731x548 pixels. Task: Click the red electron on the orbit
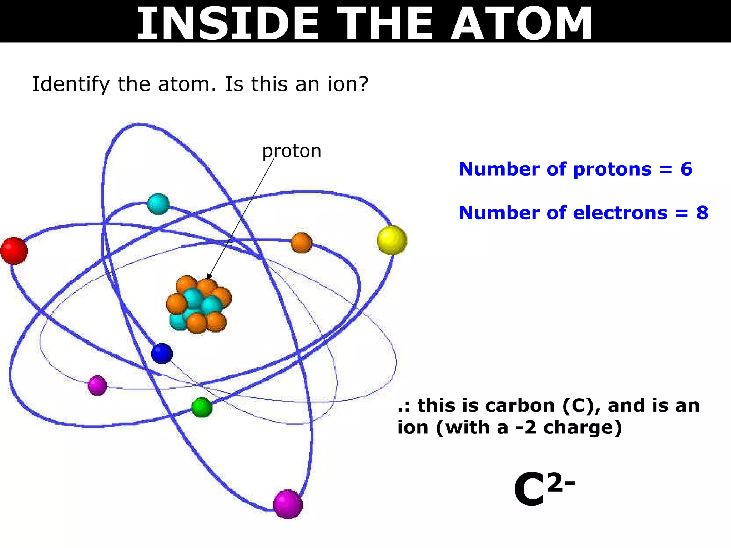(14, 250)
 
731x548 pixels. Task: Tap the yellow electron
(392, 240)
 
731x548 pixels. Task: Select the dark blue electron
(162, 353)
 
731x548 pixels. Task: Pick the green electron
(202, 407)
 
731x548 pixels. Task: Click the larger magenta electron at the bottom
(288, 504)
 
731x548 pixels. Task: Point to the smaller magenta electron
(97, 385)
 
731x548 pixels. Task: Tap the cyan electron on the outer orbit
(158, 204)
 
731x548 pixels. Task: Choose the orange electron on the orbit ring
(301, 243)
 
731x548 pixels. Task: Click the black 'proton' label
(292, 151)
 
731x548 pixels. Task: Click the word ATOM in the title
(521, 24)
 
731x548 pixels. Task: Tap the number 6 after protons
(686, 169)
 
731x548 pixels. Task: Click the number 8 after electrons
(702, 213)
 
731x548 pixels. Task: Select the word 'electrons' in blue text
(620, 213)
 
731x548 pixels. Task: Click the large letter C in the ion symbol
(529, 489)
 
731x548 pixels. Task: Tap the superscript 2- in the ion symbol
(560, 483)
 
